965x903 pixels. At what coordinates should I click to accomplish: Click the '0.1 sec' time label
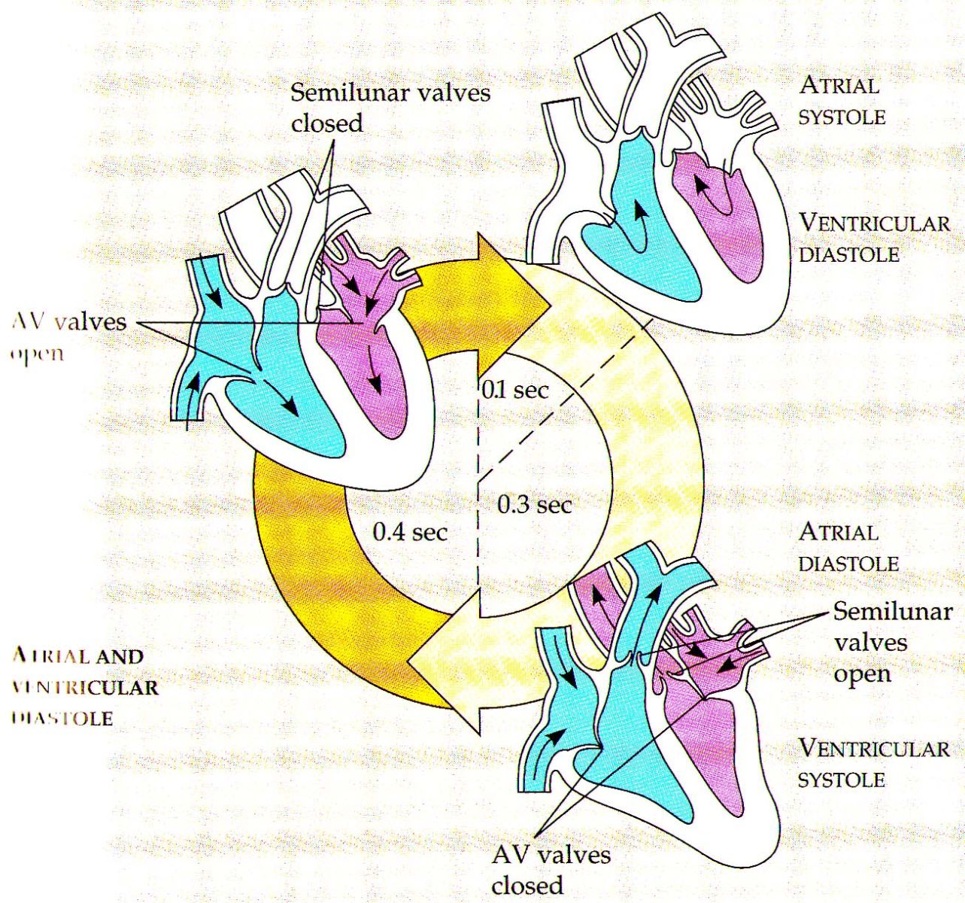(515, 390)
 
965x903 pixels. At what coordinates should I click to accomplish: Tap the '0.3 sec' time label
(535, 504)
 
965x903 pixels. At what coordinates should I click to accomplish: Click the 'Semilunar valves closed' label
(390, 107)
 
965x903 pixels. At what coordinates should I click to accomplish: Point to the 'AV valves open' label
(68, 336)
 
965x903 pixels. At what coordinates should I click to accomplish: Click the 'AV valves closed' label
(551, 869)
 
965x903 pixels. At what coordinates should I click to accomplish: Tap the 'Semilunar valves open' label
(892, 643)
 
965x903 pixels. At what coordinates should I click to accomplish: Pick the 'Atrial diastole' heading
(848, 547)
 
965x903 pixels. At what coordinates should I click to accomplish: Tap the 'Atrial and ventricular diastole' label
(85, 686)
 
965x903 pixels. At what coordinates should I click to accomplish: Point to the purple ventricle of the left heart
(384, 384)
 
